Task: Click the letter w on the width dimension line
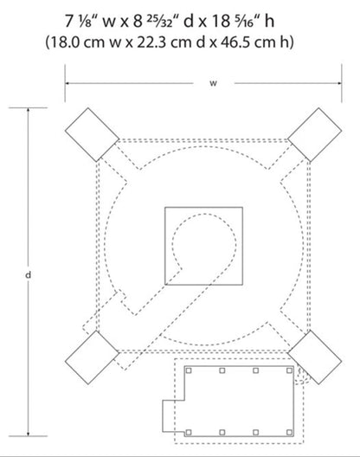pos(214,83)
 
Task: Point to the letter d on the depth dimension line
pos(28,275)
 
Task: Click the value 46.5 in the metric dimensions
pos(235,42)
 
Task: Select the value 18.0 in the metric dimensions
pos(65,42)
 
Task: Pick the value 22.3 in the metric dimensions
pos(151,42)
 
